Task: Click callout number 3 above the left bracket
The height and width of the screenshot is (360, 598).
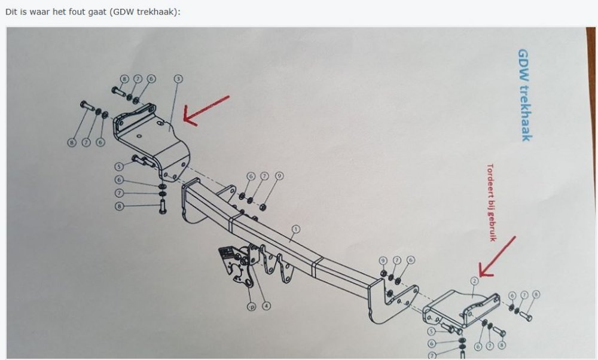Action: pyautogui.click(x=178, y=78)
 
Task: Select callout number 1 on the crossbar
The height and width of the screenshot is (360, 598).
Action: pyautogui.click(x=295, y=229)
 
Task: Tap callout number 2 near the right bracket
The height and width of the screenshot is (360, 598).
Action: pyautogui.click(x=474, y=279)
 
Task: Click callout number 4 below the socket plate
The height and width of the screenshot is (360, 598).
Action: pyautogui.click(x=266, y=306)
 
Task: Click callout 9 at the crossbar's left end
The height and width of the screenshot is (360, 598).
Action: pyautogui.click(x=279, y=176)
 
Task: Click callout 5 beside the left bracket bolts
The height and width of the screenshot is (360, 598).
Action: pyautogui.click(x=119, y=166)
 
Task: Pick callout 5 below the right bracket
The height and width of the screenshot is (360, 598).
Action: pyautogui.click(x=431, y=331)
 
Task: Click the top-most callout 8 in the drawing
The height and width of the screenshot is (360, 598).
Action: pyautogui.click(x=124, y=78)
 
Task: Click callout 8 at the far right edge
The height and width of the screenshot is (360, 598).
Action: pyautogui.click(x=536, y=294)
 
